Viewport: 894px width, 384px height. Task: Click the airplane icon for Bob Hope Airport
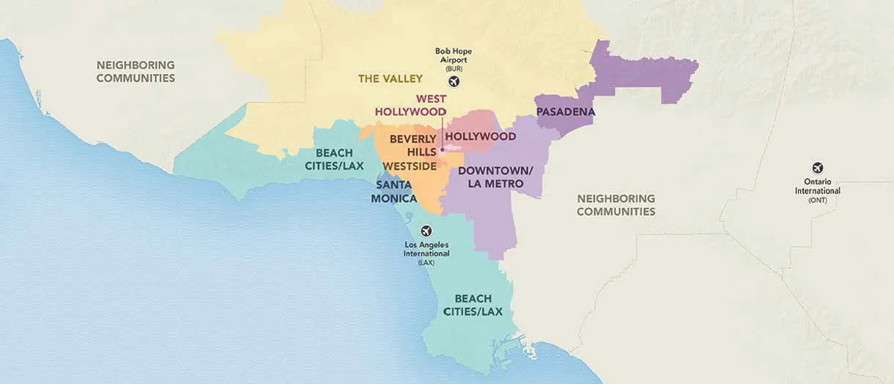pos(454,81)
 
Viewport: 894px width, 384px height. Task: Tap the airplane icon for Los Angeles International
pos(426,231)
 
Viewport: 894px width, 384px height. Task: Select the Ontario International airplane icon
pos(817,168)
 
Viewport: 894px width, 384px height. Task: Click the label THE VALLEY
pos(391,78)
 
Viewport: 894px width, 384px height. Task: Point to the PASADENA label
pos(565,112)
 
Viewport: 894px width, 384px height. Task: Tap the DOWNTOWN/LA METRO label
pos(495,177)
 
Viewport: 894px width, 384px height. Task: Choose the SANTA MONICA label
pos(394,192)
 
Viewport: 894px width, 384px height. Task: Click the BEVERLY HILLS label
pos(413,144)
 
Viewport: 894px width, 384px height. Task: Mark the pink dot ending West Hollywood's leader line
pos(442,150)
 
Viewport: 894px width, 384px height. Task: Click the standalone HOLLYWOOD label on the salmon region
pos(480,136)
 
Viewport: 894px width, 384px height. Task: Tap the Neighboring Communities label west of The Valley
pos(136,71)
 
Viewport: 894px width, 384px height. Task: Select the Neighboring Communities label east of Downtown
pos(616,205)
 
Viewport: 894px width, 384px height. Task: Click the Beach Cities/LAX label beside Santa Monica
pos(339,159)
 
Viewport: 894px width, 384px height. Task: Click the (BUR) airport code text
pos(454,69)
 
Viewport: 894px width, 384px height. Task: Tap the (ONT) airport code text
pos(817,200)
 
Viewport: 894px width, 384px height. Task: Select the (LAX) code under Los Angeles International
pos(426,262)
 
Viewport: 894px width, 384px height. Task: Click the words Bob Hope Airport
pos(454,56)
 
